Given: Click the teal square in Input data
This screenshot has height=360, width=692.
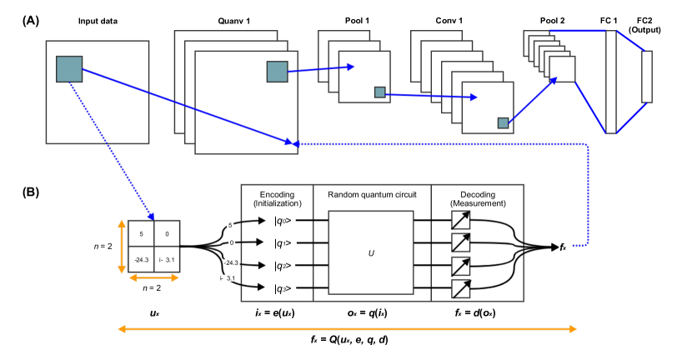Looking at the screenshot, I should point(68,69).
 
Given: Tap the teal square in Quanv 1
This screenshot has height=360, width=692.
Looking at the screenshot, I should point(277,72).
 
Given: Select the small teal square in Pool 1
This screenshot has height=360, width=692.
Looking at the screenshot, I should point(379,92).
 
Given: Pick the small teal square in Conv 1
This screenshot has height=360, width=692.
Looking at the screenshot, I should point(503,123).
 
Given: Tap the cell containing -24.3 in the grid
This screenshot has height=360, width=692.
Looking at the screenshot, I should point(143,260).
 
